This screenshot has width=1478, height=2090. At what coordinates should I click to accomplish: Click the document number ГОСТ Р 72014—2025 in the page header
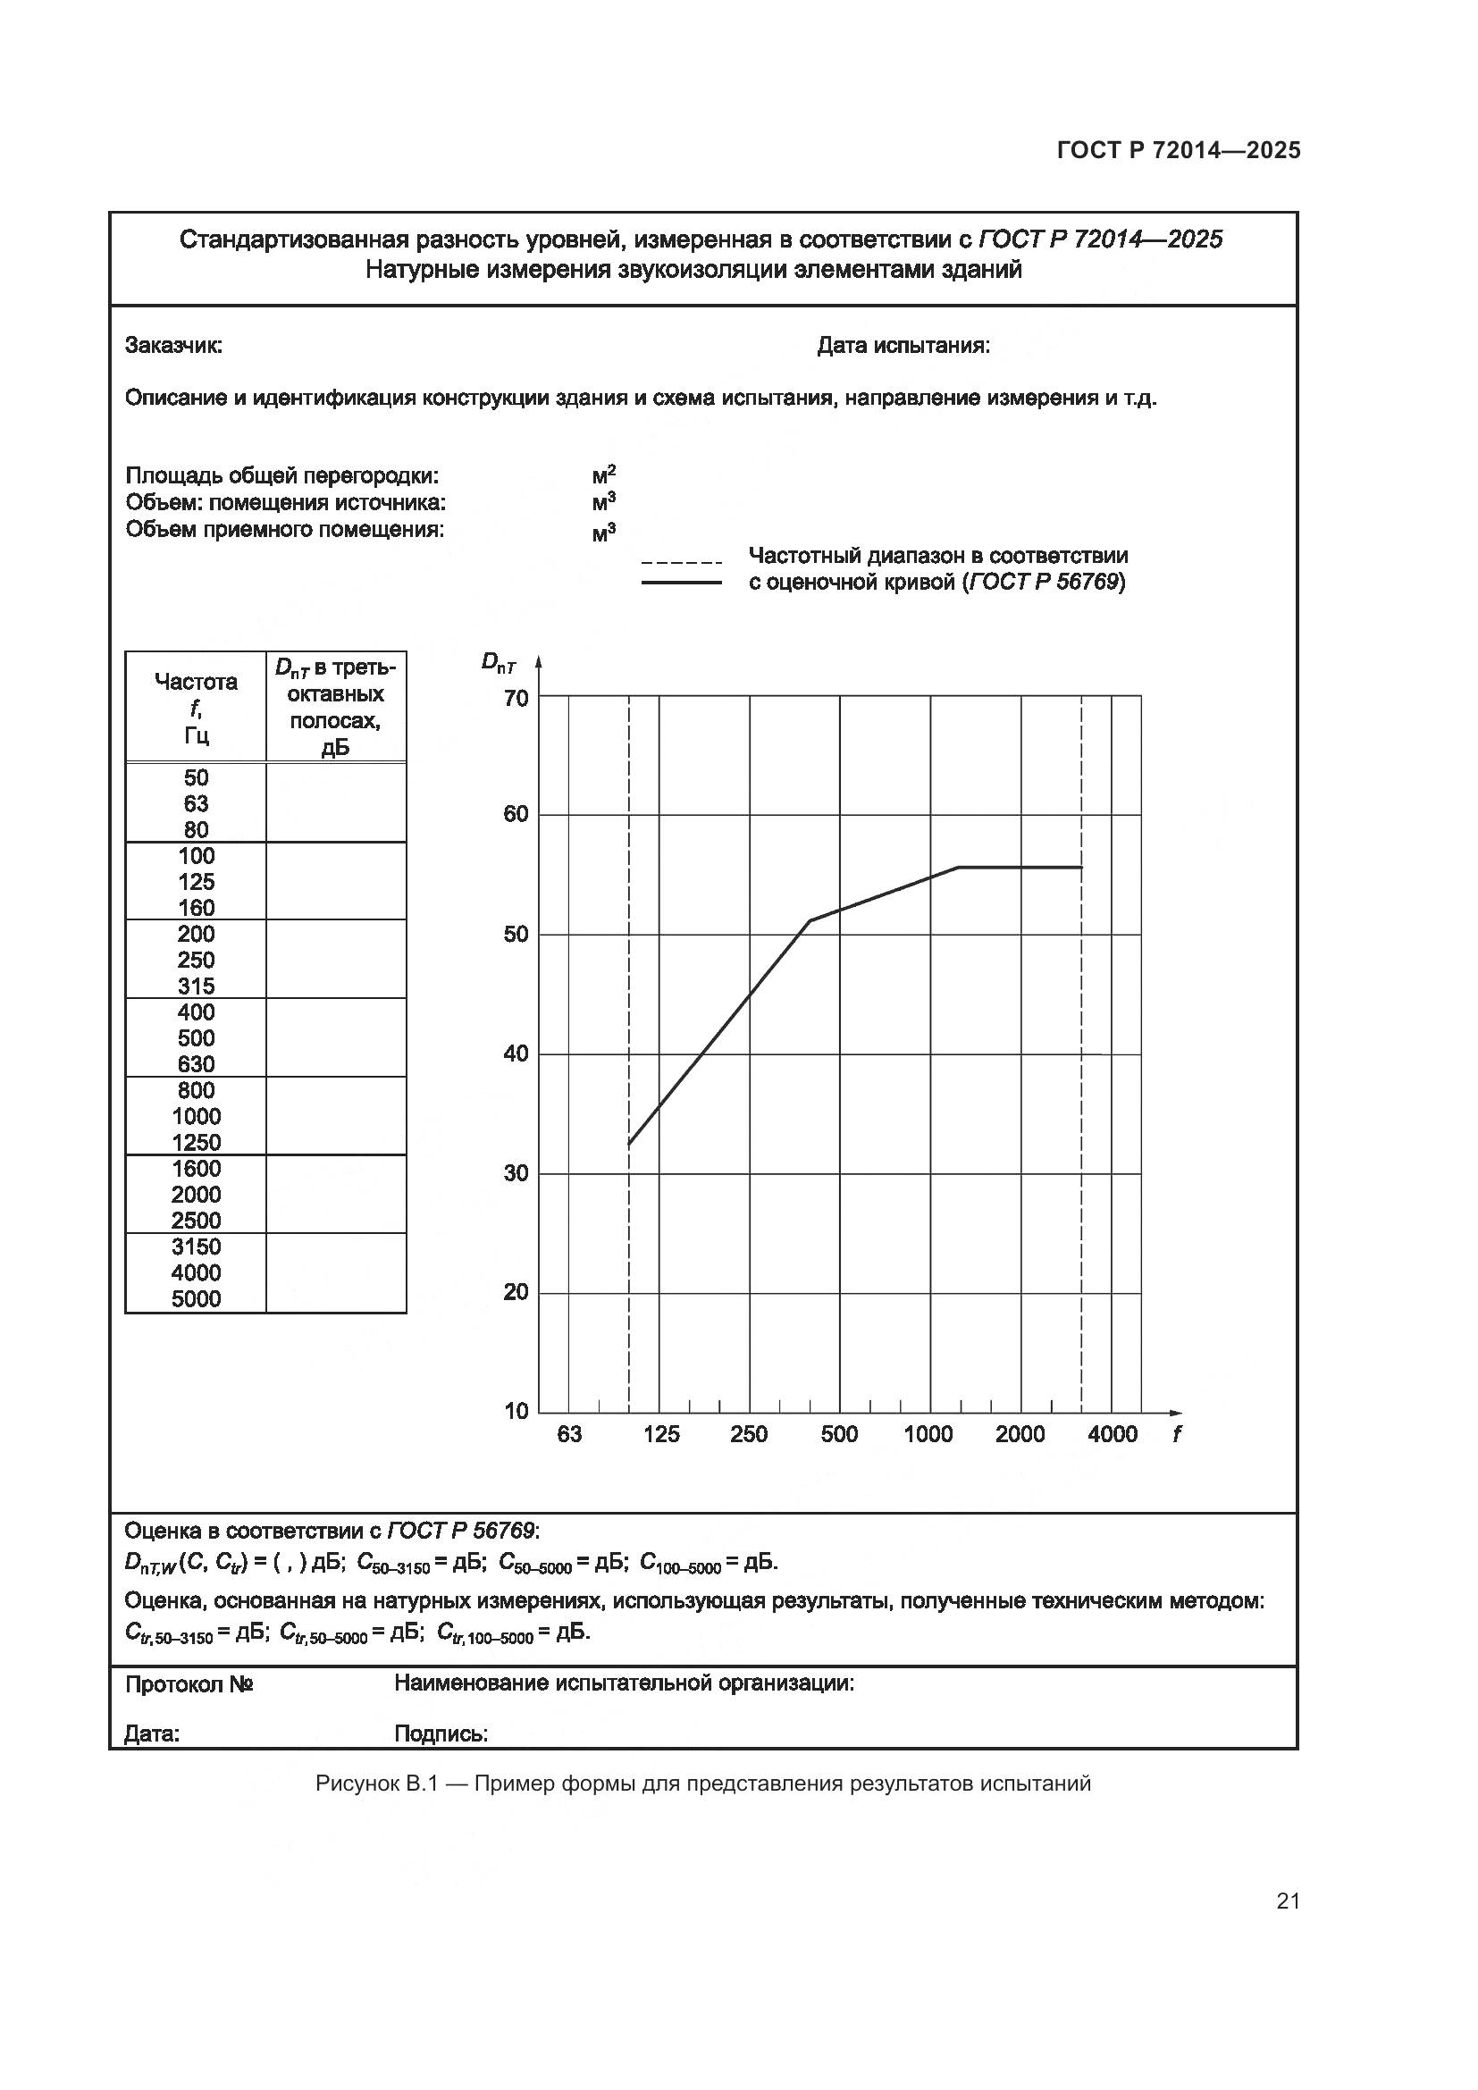point(1179,150)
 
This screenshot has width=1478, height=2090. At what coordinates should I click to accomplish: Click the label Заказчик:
point(173,346)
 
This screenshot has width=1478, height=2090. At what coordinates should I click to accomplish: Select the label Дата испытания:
point(903,346)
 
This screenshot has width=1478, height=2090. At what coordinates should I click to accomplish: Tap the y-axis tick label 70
point(516,698)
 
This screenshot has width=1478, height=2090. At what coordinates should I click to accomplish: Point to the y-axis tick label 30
point(516,1173)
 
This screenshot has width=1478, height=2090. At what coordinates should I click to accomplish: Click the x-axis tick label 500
point(838,1436)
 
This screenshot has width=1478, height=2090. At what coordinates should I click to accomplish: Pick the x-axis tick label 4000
point(1113,1436)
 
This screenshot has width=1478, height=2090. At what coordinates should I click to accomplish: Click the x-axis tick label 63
point(569,1436)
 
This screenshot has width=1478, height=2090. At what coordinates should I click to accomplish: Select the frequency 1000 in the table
point(196,1117)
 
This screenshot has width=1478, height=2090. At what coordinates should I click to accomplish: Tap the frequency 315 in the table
point(196,986)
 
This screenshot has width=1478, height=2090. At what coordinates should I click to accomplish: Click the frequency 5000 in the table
point(196,1299)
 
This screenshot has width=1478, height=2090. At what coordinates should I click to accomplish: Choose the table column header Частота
point(196,682)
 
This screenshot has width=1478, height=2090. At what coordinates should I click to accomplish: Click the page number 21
point(1288,1901)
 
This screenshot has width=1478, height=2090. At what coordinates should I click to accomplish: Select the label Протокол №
point(189,1685)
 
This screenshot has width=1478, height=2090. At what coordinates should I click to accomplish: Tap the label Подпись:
point(441,1734)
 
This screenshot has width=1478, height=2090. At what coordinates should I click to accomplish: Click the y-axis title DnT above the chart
point(498,664)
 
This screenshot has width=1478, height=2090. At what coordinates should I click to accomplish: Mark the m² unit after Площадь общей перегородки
point(603,475)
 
